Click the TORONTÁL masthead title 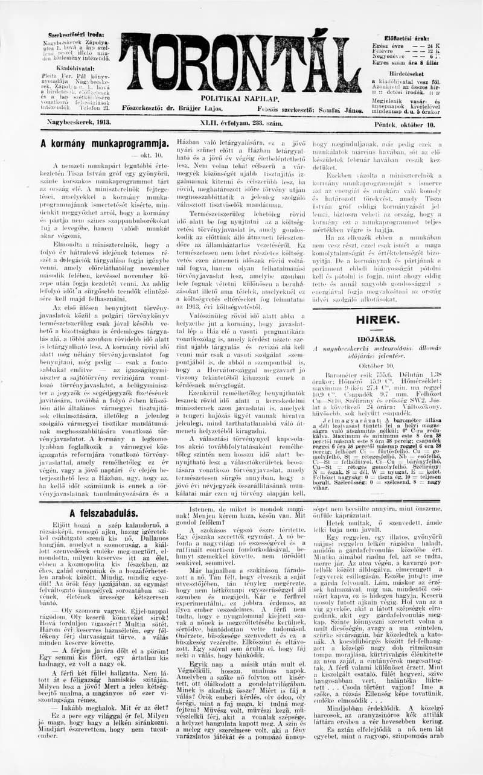(240, 63)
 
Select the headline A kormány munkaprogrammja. (104, 144)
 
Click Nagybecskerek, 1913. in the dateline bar (79, 123)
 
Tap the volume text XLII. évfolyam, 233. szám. (239, 123)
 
